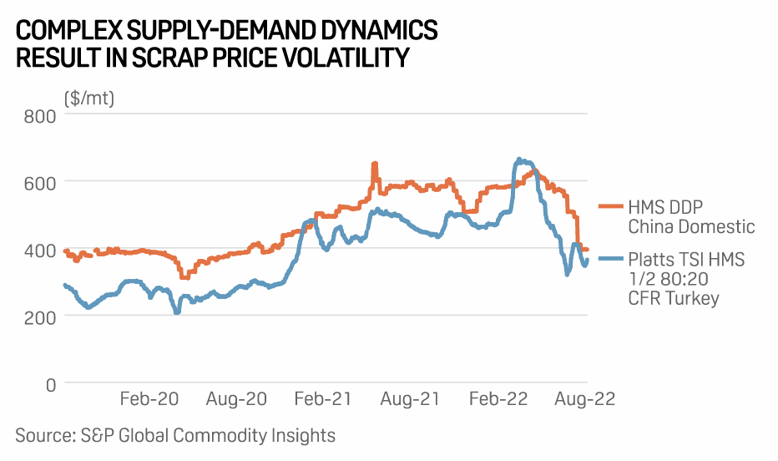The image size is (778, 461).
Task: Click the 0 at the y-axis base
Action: (x=50, y=384)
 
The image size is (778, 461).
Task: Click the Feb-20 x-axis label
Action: (x=149, y=399)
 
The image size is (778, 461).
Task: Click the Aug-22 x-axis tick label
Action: (x=585, y=399)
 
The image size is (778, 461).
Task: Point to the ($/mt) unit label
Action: (x=89, y=98)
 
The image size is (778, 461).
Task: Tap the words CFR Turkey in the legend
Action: (x=673, y=298)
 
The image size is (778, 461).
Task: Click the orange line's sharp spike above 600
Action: (x=374, y=165)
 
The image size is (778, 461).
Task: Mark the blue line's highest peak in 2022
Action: (x=519, y=159)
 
